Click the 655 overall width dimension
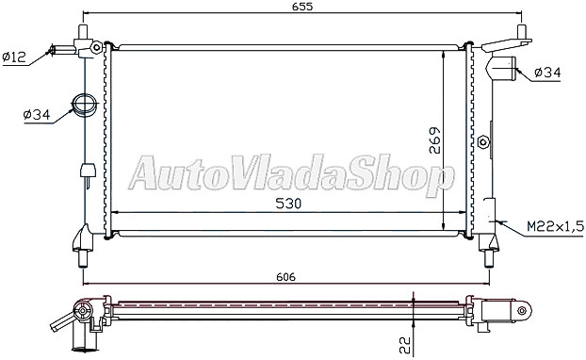pos(303,6)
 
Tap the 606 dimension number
pos(285,277)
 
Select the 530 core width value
pos(288,204)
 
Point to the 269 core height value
pos(435,140)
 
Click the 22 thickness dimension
pos(405,345)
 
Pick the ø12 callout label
pos(14,57)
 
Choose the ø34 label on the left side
pos(37,115)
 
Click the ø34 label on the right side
pos(547,73)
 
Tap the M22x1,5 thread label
pos(555,226)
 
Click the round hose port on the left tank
pos(84,105)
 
